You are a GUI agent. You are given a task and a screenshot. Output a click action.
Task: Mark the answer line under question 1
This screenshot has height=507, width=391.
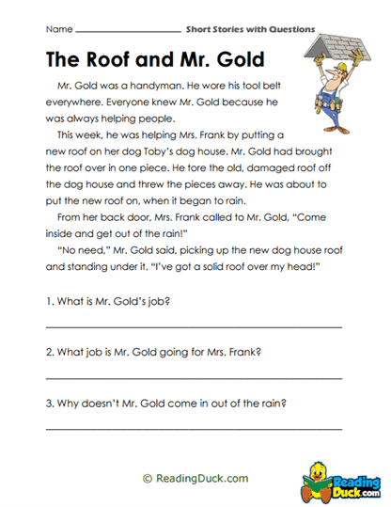194,326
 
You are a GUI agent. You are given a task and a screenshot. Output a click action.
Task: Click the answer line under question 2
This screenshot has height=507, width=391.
194,378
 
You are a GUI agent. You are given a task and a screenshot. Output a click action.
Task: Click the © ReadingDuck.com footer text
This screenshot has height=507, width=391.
195,478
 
